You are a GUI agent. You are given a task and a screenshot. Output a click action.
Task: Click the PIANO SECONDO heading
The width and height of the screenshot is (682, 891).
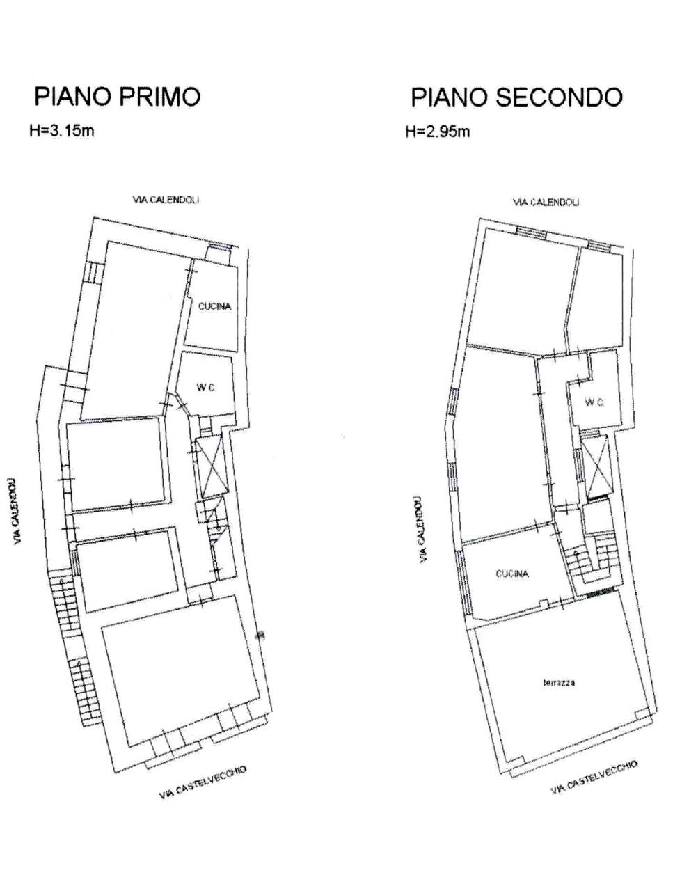click(x=516, y=97)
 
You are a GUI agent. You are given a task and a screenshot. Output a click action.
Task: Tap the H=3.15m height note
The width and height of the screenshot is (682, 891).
click(x=63, y=131)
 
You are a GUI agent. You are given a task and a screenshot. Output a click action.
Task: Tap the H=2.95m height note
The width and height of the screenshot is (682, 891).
click(x=438, y=132)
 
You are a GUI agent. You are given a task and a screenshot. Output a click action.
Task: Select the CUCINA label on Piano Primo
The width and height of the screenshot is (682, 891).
click(x=214, y=306)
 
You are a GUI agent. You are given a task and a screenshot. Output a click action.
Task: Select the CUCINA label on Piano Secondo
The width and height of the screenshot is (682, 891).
click(x=512, y=574)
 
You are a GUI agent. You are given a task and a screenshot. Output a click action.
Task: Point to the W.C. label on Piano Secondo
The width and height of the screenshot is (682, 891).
click(x=594, y=402)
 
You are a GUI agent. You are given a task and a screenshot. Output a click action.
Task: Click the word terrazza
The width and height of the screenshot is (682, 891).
click(x=559, y=683)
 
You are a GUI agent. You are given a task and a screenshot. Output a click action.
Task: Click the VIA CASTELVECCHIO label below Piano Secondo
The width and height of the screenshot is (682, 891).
click(x=594, y=777)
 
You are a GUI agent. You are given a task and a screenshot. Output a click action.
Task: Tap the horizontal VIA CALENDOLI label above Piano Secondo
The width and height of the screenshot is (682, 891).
click(x=546, y=203)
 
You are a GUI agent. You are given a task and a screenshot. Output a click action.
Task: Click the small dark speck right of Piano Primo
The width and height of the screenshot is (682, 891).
click(x=260, y=634)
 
